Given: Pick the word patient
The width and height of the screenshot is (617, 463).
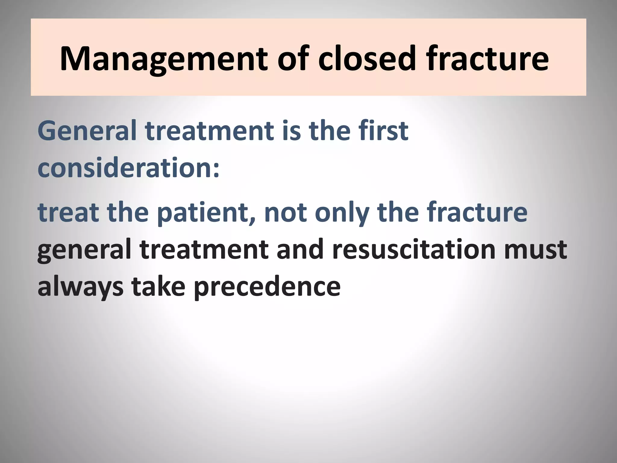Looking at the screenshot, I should point(205,212).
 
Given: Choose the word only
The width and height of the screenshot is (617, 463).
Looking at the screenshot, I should point(342,212).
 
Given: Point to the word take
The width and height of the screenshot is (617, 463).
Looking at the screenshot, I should point(158,286).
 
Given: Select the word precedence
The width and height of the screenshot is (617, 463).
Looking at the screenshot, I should point(267,286).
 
